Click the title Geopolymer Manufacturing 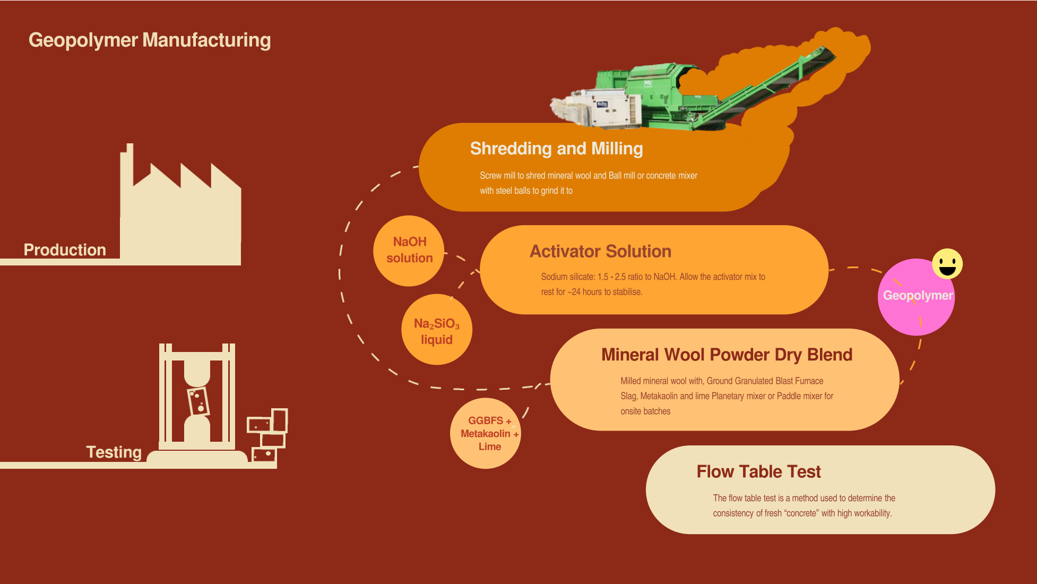tap(150, 40)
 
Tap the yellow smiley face tap(947, 264)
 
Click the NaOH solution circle tap(409, 250)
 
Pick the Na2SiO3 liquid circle tap(436, 331)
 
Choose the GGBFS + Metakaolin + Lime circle tap(486, 433)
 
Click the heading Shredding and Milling tap(556, 149)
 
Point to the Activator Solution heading tap(600, 251)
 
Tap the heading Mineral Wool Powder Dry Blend tap(727, 355)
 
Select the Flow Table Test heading tap(758, 471)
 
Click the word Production tap(65, 250)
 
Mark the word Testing tap(114, 452)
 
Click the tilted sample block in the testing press tap(198, 401)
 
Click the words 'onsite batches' tap(645, 411)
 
